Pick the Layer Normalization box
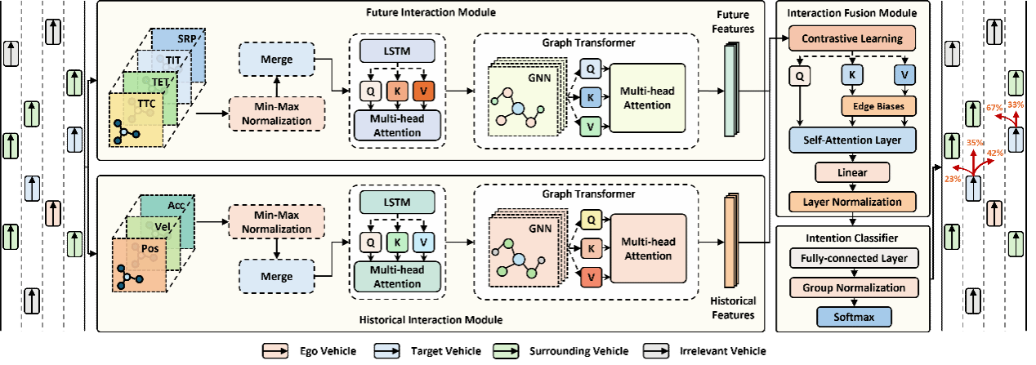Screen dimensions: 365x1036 point(853,202)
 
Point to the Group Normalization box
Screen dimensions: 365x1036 point(853,287)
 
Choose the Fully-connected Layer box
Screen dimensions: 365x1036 point(853,259)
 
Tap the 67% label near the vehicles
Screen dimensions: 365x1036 point(994,108)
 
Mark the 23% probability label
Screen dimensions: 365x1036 point(952,179)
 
